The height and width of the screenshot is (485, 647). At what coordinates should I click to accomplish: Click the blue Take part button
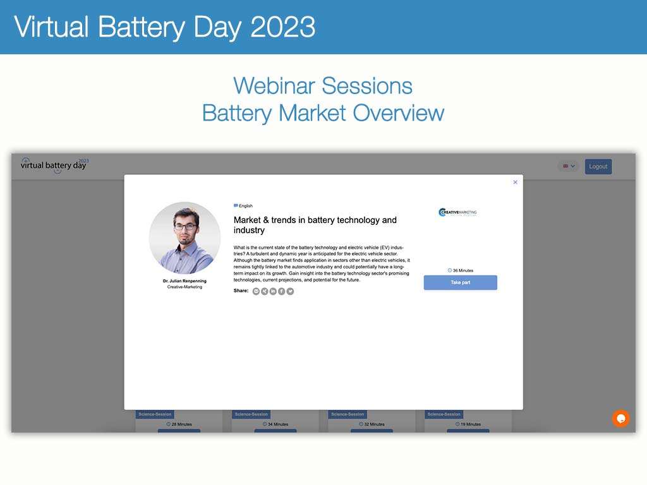tap(460, 282)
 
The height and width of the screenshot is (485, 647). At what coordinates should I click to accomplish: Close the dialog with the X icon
tap(515, 183)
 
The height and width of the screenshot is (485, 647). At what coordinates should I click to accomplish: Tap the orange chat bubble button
tap(620, 418)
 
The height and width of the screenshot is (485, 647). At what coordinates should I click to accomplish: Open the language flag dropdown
tap(568, 167)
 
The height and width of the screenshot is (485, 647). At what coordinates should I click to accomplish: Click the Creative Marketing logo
tap(457, 213)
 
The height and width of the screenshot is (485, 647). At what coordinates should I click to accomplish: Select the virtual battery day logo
tap(54, 165)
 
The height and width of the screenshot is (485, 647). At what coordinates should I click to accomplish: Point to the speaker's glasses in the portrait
tap(186, 226)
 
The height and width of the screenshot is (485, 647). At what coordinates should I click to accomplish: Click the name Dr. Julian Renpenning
tap(184, 281)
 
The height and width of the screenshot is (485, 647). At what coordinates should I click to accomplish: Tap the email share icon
tap(256, 291)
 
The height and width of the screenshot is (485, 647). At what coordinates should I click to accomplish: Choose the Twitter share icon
tap(290, 291)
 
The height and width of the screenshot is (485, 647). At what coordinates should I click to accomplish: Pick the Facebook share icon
tap(282, 291)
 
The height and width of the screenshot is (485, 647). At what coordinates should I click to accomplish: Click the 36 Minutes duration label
tap(460, 270)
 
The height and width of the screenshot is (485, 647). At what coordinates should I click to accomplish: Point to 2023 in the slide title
tap(282, 27)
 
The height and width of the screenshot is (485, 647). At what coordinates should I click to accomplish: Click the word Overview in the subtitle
tap(398, 113)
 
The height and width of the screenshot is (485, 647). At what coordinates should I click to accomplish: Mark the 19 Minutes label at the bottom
tap(468, 424)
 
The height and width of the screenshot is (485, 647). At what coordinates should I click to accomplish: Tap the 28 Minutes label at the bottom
tap(179, 424)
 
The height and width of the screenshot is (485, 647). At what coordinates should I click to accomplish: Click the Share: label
tap(241, 290)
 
